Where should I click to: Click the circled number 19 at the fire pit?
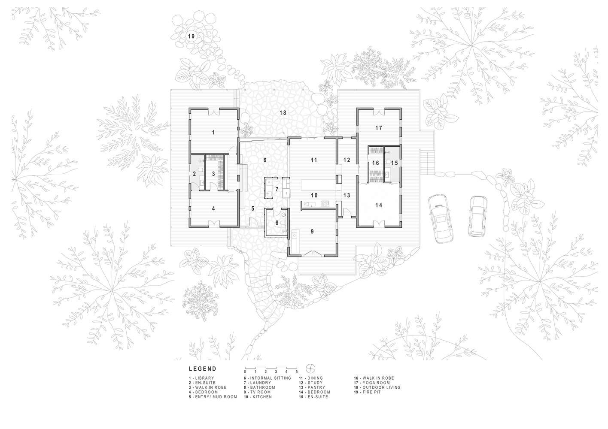click(191, 36)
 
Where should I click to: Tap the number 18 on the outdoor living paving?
click(283, 112)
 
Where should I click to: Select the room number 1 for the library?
click(213, 132)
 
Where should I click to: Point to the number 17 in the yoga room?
click(379, 128)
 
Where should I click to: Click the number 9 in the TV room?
click(313, 231)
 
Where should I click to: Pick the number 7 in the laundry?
click(277, 189)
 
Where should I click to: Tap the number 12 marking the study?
click(347, 160)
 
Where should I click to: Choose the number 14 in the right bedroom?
click(379, 205)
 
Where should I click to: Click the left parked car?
click(440, 218)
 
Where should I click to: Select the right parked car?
click(477, 216)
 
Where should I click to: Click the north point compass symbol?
click(310, 368)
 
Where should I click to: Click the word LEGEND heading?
click(203, 369)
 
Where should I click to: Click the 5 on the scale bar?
click(296, 372)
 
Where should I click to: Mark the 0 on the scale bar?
click(245, 372)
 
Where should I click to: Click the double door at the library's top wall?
click(214, 112)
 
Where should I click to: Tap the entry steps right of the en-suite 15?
click(427, 163)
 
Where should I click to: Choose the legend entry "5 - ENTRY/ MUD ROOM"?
click(213, 397)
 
